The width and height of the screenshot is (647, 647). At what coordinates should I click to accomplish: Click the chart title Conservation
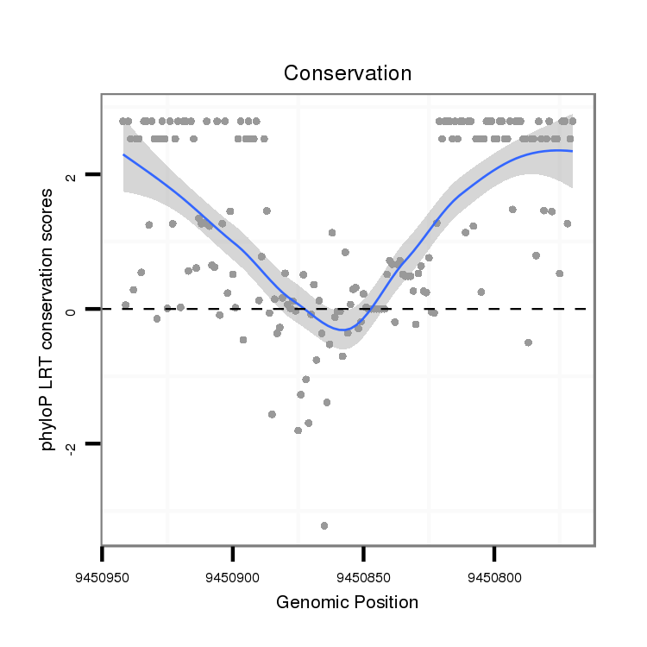point(347,72)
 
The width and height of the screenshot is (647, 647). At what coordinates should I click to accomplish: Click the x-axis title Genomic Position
point(347,602)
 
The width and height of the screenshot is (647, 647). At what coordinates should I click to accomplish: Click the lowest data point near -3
point(324,525)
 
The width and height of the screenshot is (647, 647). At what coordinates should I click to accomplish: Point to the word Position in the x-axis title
point(385,602)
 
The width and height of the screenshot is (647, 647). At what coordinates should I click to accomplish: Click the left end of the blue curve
point(123,155)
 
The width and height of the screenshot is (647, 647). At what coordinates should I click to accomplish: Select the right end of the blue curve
point(571,151)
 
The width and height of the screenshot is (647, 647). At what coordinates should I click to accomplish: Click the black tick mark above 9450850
point(363,551)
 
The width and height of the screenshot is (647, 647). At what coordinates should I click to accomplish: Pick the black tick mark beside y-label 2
point(92,174)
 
